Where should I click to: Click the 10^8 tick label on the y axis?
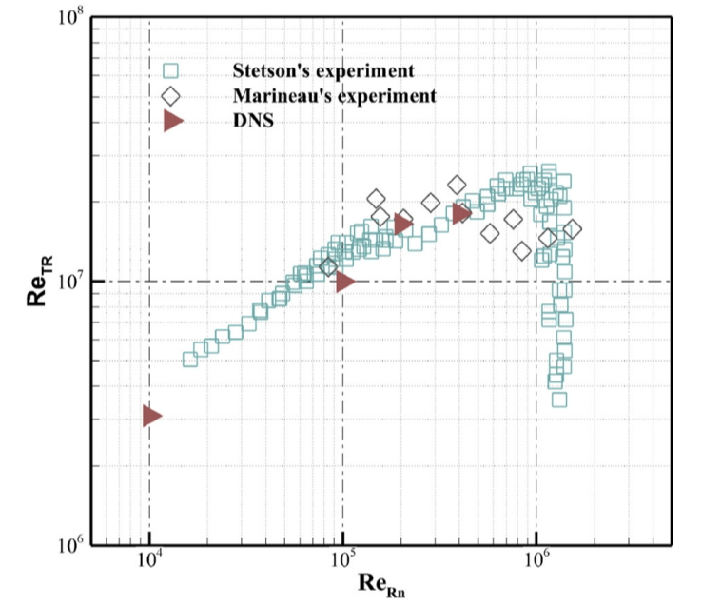click(x=74, y=19)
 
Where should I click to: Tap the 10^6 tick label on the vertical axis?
click(x=74, y=545)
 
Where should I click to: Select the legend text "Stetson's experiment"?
click(x=324, y=71)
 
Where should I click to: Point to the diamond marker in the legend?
click(x=171, y=96)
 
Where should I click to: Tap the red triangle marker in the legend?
click(x=172, y=121)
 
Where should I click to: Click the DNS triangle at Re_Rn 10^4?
click(x=151, y=416)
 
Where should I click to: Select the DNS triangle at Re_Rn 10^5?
click(x=343, y=282)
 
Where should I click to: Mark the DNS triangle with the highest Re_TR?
click(x=461, y=213)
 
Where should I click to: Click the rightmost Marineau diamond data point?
click(x=572, y=229)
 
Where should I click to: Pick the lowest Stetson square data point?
click(x=559, y=400)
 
